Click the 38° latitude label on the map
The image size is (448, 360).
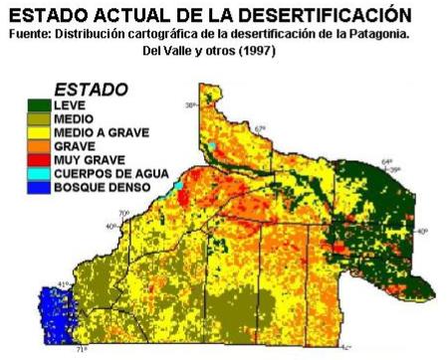click(x=191, y=103)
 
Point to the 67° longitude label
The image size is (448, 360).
click(x=261, y=128)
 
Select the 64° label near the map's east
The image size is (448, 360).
click(x=389, y=160)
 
